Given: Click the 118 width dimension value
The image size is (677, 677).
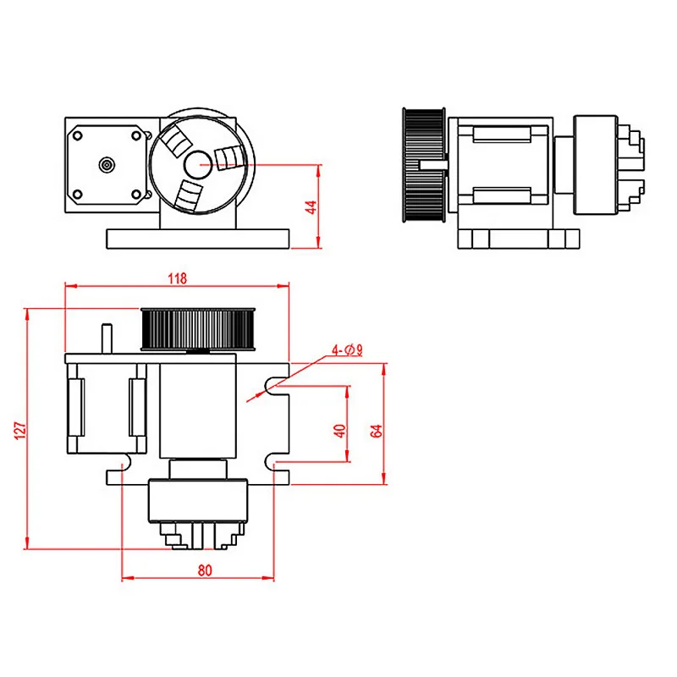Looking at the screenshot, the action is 177,278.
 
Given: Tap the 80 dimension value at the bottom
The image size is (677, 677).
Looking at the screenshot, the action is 204,570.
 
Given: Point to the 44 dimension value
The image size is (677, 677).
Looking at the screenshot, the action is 311,206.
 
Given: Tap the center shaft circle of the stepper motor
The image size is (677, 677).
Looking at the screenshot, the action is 107,164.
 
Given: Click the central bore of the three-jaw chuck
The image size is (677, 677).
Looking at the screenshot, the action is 199,163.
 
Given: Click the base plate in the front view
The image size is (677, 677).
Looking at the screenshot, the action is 199,238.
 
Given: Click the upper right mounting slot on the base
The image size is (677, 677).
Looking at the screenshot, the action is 275,386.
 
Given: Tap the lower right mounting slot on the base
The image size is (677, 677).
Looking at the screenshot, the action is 275,462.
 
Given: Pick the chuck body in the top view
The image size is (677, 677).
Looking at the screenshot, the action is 197,500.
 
